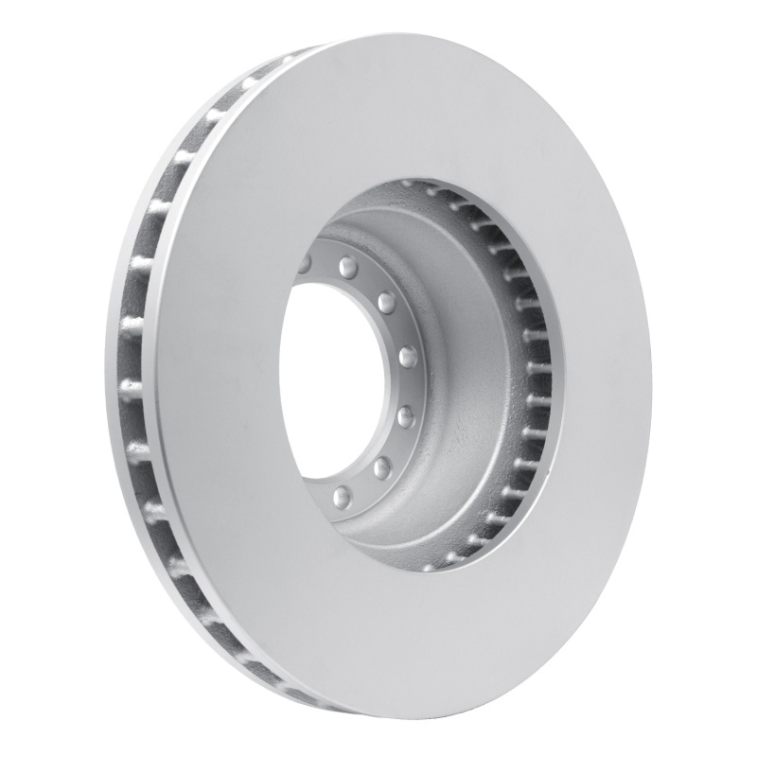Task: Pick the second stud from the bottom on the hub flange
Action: pos(382,467)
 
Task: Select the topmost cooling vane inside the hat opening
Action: pos(409,186)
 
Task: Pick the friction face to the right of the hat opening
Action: pos(606,378)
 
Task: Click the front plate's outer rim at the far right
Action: pos(649,378)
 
